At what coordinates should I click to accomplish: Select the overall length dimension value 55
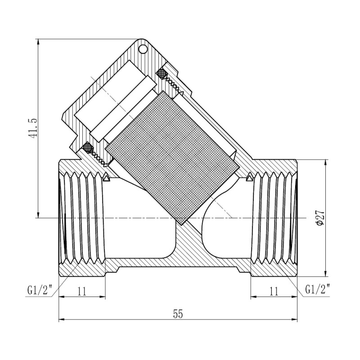[178, 314]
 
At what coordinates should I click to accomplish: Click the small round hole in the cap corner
[143, 48]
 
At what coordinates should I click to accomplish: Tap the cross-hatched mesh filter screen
[173, 157]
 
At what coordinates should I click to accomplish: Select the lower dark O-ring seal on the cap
[87, 147]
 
